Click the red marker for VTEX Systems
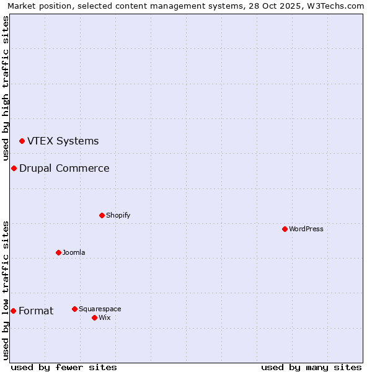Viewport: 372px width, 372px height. pyautogui.click(x=22, y=141)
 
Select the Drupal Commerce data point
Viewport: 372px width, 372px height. pyautogui.click(x=14, y=169)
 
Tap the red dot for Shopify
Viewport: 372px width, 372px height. pyautogui.click(x=102, y=216)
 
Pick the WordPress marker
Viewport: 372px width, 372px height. pyautogui.click(x=285, y=229)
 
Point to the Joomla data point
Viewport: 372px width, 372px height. pyautogui.click(x=58, y=253)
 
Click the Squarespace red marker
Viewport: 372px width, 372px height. pyautogui.click(x=74, y=309)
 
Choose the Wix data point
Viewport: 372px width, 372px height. pyautogui.click(x=94, y=318)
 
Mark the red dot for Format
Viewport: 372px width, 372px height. pyautogui.click(x=13, y=311)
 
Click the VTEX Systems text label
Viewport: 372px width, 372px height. pyautogui.click(x=63, y=141)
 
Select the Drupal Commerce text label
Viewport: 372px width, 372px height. pyautogui.click(x=64, y=169)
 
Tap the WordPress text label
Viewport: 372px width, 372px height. pyautogui.click(x=306, y=229)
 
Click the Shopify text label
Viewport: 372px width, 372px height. pyautogui.click(x=118, y=216)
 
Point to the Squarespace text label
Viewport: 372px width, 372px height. pyautogui.click(x=100, y=309)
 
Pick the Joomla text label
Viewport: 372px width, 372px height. pyautogui.click(x=74, y=253)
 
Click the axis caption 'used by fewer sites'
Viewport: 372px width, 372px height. pyautogui.click(x=64, y=367)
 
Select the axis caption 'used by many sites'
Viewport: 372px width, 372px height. pyautogui.click(x=311, y=367)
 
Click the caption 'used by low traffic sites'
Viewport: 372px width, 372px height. pyautogui.click(x=6, y=290)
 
